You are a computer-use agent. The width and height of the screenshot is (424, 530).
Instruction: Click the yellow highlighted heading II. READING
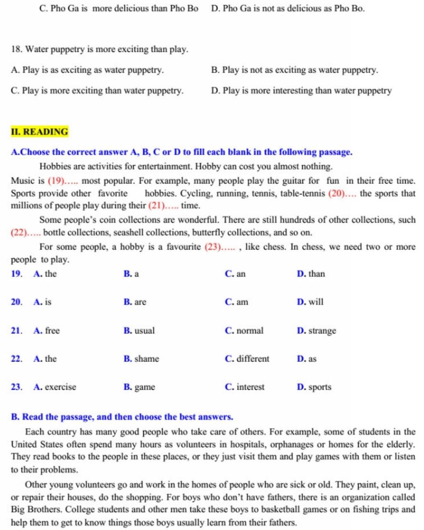pos(39,132)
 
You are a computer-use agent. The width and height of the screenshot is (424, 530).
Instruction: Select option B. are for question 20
pos(135,302)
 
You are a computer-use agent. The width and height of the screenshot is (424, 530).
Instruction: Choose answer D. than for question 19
pos(311,274)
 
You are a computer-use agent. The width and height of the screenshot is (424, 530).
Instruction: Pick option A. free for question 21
pos(47,331)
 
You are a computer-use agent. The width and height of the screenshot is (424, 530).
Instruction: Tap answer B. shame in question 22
pos(141,359)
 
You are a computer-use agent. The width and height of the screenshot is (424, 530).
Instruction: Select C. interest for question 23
pos(245,387)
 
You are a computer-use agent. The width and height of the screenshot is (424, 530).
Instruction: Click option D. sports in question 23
pos(314,387)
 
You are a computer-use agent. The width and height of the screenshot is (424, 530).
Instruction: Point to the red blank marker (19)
pos(56,181)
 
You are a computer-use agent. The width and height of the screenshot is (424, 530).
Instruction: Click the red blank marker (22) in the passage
pos(19,233)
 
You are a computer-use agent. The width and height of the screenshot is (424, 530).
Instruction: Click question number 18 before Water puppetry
pos(16,49)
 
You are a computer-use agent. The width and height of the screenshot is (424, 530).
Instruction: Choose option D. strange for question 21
pos(317,331)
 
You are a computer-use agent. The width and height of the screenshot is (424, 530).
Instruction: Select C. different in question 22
pos(247,359)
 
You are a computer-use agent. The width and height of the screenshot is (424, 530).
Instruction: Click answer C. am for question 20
pos(237,302)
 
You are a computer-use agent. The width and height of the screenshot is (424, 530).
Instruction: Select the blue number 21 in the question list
pos(16,331)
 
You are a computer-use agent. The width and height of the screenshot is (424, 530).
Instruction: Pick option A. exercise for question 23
pos(55,387)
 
